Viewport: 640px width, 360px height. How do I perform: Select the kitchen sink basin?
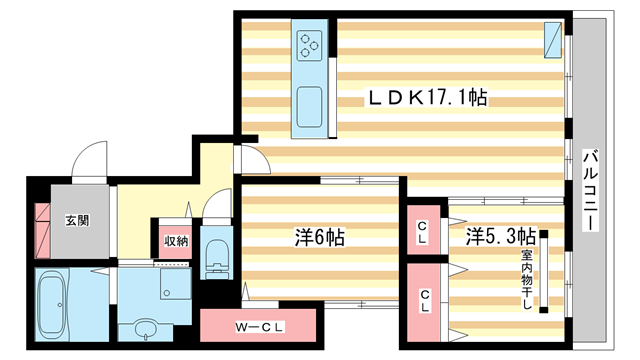(x=309, y=104)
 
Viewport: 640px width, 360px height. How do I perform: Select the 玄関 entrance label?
(x=76, y=220)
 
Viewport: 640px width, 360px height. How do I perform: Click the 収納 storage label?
(x=176, y=241)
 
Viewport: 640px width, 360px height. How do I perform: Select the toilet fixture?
(x=215, y=254)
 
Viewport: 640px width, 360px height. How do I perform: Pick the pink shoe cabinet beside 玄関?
(x=43, y=229)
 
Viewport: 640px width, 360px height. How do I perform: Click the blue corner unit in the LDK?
(x=551, y=39)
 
